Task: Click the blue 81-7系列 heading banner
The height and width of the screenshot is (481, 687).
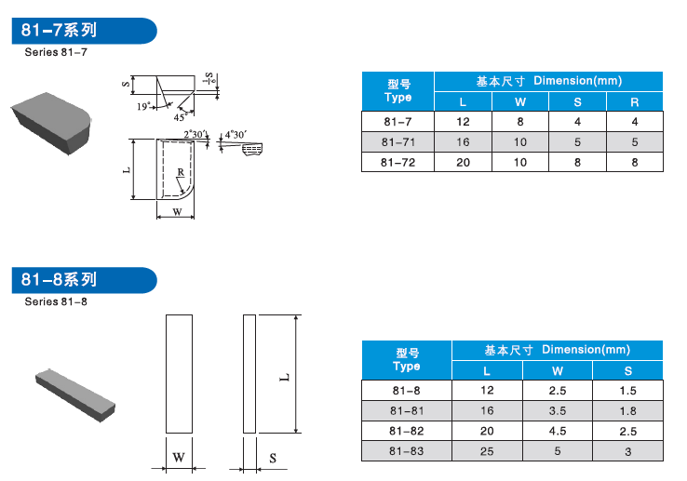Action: (84, 31)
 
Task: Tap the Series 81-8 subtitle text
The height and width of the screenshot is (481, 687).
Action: (56, 301)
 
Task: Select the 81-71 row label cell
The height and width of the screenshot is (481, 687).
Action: (397, 142)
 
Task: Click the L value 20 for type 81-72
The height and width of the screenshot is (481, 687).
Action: (463, 163)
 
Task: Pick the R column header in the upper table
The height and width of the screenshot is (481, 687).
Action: (635, 102)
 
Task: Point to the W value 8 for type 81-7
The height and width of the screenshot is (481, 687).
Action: (520, 122)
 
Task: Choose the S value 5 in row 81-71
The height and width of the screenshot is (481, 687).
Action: (577, 142)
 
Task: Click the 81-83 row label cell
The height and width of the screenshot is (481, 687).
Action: (406, 451)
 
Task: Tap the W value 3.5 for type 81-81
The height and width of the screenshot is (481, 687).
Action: (558, 411)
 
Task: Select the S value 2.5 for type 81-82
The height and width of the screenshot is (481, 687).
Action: (627, 431)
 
